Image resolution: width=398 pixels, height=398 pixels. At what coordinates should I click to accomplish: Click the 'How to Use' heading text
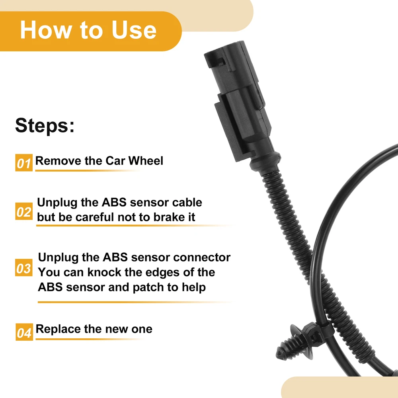(x=88, y=30)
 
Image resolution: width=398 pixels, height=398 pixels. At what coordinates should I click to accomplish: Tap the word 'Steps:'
(x=45, y=125)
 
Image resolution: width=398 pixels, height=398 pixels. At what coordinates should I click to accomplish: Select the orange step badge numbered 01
(x=24, y=163)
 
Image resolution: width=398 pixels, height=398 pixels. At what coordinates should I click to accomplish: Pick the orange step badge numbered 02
(x=24, y=211)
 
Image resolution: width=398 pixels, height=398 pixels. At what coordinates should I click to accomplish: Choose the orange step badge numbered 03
(x=24, y=267)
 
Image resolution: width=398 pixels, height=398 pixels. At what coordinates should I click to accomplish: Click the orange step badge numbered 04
(x=24, y=332)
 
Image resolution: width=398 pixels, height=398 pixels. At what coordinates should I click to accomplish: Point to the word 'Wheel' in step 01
(x=146, y=161)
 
